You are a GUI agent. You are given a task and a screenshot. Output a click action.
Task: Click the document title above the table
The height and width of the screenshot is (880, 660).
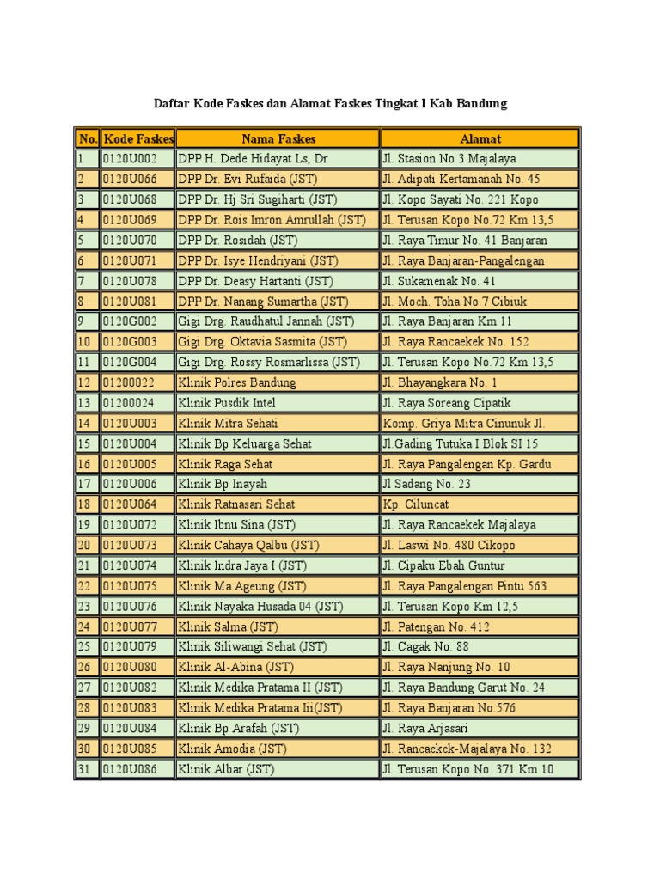(x=330, y=104)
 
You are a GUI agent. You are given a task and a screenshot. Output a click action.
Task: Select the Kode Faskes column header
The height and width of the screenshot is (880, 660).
(x=137, y=138)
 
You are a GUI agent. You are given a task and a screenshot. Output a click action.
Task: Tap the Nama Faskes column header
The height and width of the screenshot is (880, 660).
(x=278, y=138)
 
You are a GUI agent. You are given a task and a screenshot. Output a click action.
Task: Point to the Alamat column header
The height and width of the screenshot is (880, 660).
(x=480, y=138)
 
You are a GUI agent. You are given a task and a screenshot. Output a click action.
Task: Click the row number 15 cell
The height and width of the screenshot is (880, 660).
(x=86, y=443)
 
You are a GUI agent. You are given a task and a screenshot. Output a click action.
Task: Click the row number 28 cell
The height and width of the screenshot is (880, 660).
(x=86, y=708)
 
